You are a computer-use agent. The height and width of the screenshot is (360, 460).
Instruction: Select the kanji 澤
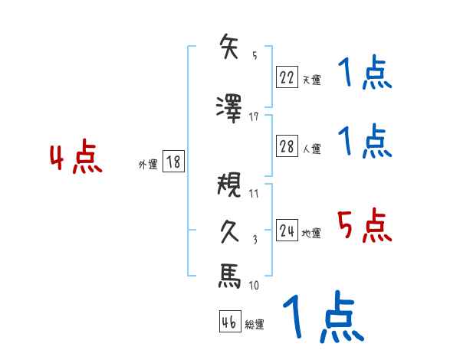coord(230,106)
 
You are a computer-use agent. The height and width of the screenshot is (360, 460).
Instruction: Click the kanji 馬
coord(230,276)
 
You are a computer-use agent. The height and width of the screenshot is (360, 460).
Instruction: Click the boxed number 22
coord(287,77)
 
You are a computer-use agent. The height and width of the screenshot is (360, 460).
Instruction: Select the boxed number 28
coord(287,147)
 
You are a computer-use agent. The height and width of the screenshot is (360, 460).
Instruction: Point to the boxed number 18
coord(172,162)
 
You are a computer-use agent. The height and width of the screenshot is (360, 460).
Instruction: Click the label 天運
coord(311,79)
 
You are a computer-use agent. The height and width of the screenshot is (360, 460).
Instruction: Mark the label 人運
coord(311,149)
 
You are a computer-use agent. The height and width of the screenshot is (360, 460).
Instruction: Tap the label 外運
coord(148,164)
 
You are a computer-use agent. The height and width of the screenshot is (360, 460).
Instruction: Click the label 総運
coord(255,324)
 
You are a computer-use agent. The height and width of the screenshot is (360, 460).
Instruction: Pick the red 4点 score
coord(76,159)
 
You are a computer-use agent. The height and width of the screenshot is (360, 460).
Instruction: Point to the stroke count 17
coord(254,116)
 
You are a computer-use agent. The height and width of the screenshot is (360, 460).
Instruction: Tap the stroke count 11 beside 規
coord(254,194)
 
